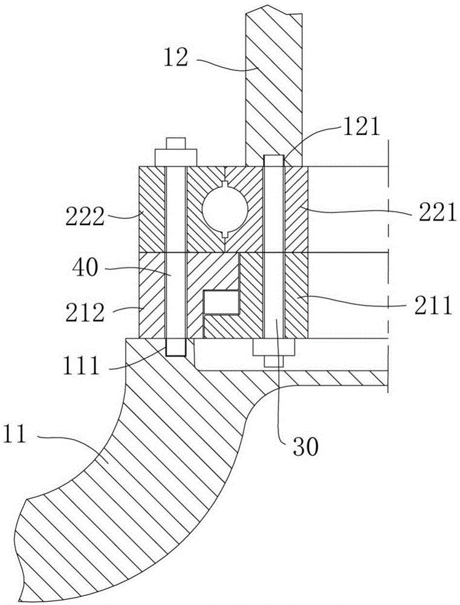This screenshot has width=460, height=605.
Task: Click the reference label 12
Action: [175, 59]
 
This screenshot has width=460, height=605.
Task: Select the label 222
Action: [85, 217]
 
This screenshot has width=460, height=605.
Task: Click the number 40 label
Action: [85, 267]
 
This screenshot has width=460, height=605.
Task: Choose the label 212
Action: [85, 313]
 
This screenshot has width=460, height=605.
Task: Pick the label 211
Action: [432, 305]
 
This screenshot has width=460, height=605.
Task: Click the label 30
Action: [306, 446]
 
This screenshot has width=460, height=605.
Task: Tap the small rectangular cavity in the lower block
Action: [221, 301]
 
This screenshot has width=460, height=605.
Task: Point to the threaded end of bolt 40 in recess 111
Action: [176, 347]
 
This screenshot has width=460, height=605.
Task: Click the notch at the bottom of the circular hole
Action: [225, 234]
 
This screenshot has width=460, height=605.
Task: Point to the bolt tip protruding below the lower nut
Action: [274, 362]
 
